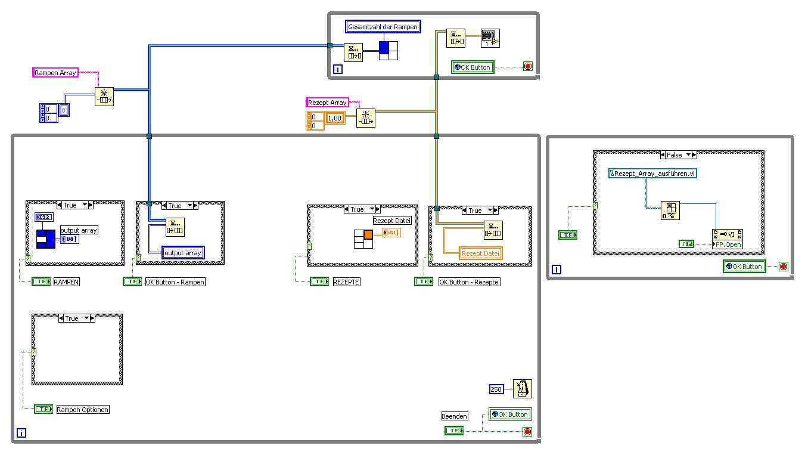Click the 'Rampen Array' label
tap(55, 73)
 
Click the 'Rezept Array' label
tap(327, 103)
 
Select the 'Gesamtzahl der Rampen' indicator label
tap(383, 27)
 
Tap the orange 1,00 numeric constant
tap(335, 118)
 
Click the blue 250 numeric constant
tap(496, 389)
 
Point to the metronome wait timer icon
tap(522, 389)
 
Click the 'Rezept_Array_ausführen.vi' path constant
tap(653, 174)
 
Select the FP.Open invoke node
tap(728, 239)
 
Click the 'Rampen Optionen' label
tap(83, 410)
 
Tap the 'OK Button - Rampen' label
tap(175, 282)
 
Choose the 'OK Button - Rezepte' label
tap(470, 282)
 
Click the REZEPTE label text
tap(346, 282)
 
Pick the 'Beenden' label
tap(455, 416)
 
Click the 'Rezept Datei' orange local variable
tap(481, 253)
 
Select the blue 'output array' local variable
tap(184, 253)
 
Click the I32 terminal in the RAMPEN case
tap(44, 216)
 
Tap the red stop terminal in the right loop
tap(783, 267)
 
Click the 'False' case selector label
tap(678, 155)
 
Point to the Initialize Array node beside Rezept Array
tap(365, 118)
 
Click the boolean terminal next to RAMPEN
tap(41, 282)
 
